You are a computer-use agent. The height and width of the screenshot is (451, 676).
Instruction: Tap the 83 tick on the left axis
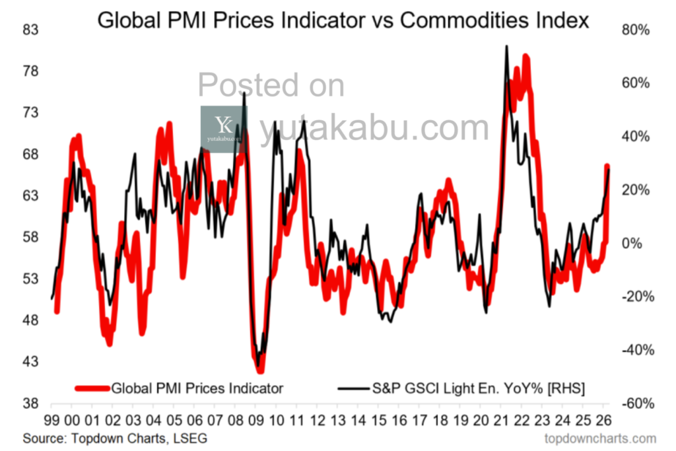(x=31, y=30)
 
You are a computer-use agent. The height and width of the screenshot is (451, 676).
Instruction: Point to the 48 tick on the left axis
(x=31, y=320)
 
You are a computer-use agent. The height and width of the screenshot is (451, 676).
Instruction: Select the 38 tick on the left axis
(x=31, y=403)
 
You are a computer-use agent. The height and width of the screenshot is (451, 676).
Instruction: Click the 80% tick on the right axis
(x=636, y=30)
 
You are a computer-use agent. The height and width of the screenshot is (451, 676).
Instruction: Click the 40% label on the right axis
(x=636, y=137)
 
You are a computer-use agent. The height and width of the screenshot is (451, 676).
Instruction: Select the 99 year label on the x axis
(x=52, y=421)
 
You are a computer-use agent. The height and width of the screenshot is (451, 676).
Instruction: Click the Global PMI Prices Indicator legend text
(x=197, y=388)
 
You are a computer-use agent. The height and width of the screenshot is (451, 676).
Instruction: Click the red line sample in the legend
(x=93, y=388)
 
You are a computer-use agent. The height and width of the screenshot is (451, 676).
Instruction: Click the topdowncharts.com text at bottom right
(x=600, y=438)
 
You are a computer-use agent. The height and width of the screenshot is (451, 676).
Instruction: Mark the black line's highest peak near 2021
(x=506, y=46)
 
